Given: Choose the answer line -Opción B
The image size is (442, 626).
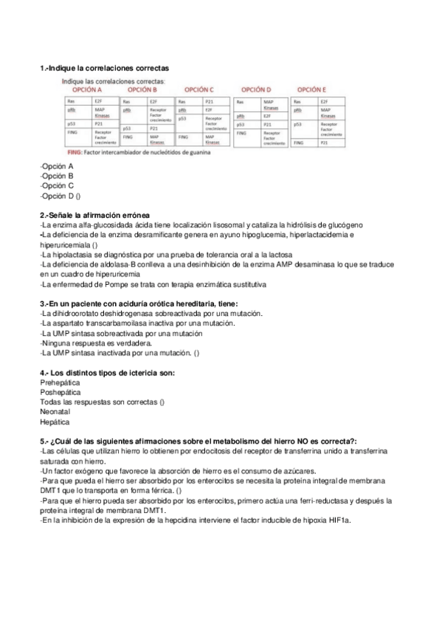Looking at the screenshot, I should pyautogui.click(x=57, y=176).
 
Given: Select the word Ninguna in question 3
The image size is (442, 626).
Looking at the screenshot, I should pyautogui.click(x=58, y=343).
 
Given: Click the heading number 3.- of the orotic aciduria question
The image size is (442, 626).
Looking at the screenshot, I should pyautogui.click(x=44, y=303).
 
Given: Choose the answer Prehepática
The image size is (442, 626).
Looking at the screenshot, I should pyautogui.click(x=61, y=383).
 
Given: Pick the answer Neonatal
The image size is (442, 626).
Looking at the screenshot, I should pyautogui.click(x=55, y=413).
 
